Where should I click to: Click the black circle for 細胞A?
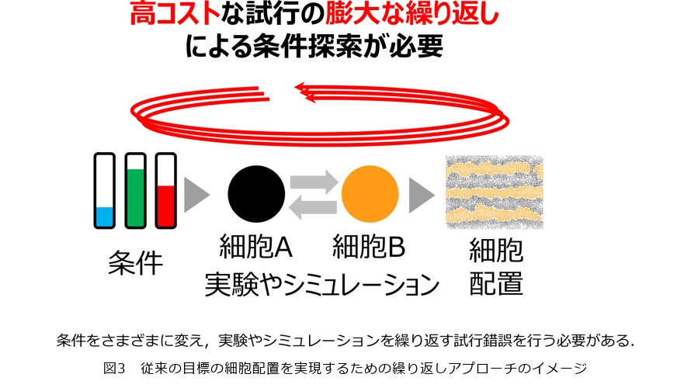click(x=256, y=194)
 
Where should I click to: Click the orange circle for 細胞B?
click(x=370, y=194)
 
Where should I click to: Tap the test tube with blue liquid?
click(x=105, y=191)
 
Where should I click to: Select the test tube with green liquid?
click(x=135, y=191)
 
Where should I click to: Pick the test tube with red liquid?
click(x=166, y=191)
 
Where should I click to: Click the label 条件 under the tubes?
click(x=135, y=263)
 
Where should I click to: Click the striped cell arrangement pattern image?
click(x=495, y=192)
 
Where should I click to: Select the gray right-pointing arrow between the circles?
click(x=314, y=182)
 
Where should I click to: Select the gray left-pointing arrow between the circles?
click(x=313, y=207)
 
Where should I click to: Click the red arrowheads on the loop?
click(x=305, y=92)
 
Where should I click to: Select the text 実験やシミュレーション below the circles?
click(x=322, y=285)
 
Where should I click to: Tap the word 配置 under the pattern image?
click(x=496, y=283)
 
